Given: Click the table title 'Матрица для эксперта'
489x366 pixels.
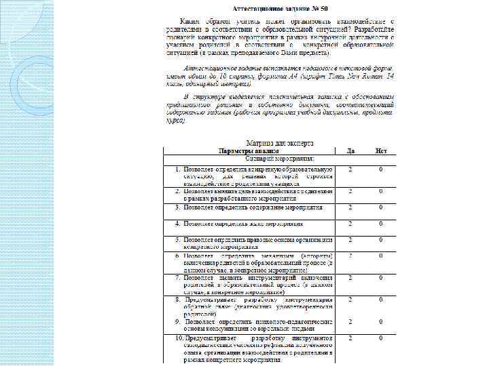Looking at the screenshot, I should click(279, 144).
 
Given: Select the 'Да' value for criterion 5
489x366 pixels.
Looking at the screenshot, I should click(351, 240).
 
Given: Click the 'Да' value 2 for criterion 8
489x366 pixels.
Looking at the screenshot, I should click(351, 299).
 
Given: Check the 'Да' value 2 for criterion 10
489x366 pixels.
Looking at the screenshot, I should click(351, 337).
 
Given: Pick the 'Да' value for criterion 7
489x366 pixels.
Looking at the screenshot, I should click(351, 277).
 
